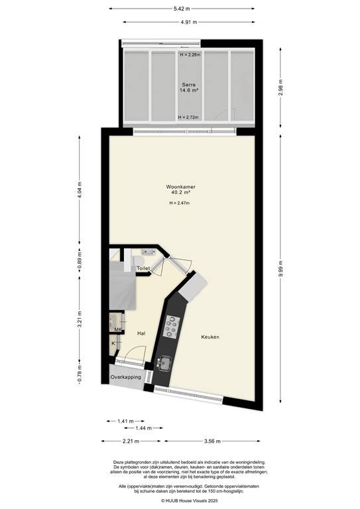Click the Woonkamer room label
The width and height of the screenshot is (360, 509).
click(x=180, y=188)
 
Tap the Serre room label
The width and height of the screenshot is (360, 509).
click(x=189, y=85)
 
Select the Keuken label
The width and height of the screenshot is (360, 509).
click(x=210, y=337)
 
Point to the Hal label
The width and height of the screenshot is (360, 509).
click(x=141, y=334)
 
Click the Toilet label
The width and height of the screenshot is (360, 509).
click(x=143, y=268)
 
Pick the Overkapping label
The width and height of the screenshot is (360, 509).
click(x=126, y=377)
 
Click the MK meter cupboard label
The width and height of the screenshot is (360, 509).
click(x=118, y=329)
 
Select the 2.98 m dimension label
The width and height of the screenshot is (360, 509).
click(x=280, y=91)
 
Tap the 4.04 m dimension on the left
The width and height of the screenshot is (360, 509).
click(x=79, y=190)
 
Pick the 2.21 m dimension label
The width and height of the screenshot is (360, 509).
click(x=131, y=441)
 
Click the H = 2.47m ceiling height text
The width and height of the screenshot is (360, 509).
click(x=180, y=203)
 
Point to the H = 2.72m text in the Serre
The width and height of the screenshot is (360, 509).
click(x=189, y=117)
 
